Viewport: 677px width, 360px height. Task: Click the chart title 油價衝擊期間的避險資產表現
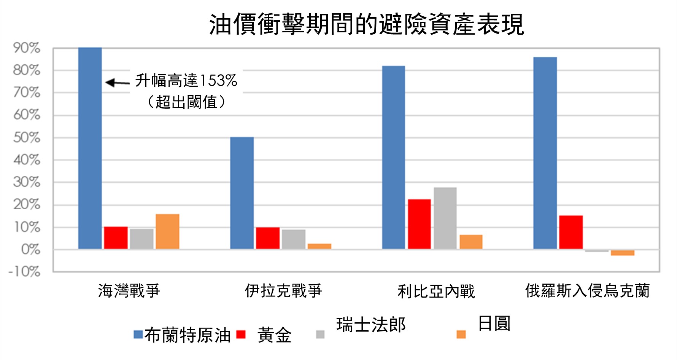point(367,24)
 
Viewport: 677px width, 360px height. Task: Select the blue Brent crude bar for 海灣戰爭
point(90,148)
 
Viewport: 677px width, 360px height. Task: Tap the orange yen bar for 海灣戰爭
point(167,232)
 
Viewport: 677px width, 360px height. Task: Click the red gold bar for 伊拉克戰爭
point(268,238)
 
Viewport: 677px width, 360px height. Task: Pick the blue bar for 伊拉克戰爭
point(242,193)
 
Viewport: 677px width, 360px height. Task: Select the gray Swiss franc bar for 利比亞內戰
point(445,218)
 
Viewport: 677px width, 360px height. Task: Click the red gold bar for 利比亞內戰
point(419,224)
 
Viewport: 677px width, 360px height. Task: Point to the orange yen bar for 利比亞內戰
point(471,242)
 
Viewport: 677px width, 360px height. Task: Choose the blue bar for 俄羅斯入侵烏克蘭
point(545,153)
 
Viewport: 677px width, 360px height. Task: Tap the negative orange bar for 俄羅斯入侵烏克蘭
point(623,253)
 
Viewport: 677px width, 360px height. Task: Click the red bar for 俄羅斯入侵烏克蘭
point(571,233)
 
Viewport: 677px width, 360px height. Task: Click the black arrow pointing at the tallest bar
point(118,82)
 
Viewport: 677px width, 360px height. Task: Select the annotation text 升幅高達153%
point(186,81)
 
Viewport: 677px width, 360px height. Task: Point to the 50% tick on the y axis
point(27,138)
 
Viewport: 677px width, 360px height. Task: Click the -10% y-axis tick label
point(25,272)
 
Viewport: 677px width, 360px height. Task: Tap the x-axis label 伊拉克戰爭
point(283,291)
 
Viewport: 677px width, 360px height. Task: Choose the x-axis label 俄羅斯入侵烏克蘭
point(587,291)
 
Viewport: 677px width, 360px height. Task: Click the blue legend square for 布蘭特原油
point(138,335)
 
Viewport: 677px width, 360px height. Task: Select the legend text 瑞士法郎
point(371,325)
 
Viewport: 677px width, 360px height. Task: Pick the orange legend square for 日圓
point(461,335)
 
